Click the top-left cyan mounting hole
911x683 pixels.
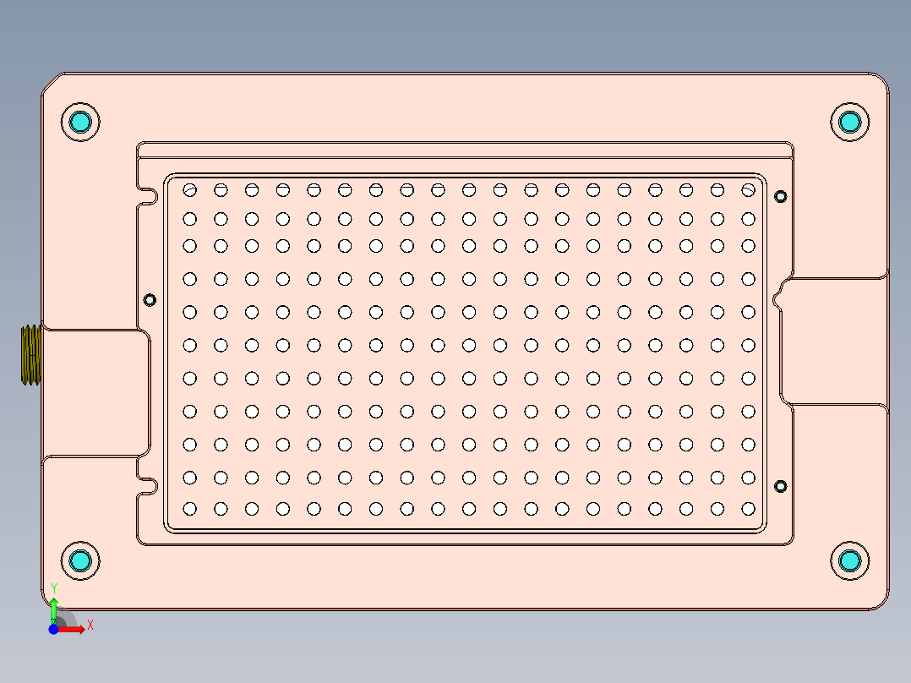click(81, 122)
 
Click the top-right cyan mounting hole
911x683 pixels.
click(849, 122)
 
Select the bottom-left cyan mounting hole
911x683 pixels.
click(81, 560)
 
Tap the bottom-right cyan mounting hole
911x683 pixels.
click(849, 560)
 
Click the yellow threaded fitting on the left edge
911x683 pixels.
click(30, 355)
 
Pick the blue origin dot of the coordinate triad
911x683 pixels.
click(53, 630)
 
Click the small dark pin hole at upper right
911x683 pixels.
click(781, 197)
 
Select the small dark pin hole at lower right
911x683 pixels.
click(781, 486)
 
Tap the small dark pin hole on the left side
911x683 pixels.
click(150, 299)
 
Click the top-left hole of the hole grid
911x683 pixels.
click(190, 189)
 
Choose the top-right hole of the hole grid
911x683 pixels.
click(748, 189)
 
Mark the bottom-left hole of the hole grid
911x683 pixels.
click(190, 509)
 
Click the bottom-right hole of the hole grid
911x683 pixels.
click(748, 509)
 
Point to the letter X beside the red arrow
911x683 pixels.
click(90, 626)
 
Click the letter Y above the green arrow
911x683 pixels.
click(54, 587)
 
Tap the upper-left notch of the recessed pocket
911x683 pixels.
click(149, 197)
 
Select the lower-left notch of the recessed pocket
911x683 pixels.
click(149, 485)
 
